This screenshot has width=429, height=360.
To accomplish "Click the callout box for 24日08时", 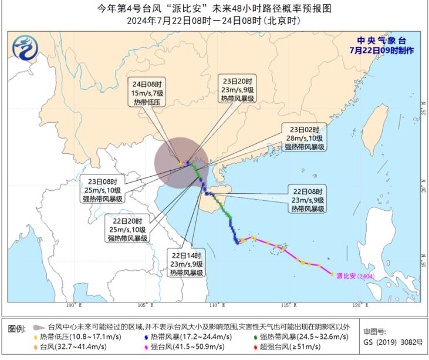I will pos(147,93).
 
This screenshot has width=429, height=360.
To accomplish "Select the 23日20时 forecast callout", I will pos(238,90).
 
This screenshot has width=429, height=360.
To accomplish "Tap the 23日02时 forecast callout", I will pos(304,138).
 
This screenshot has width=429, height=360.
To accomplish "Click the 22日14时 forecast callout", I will pos(188,264).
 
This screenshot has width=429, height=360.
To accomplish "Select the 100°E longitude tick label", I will pos(73,305).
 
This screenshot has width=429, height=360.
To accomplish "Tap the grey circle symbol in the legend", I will pos(38,327).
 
